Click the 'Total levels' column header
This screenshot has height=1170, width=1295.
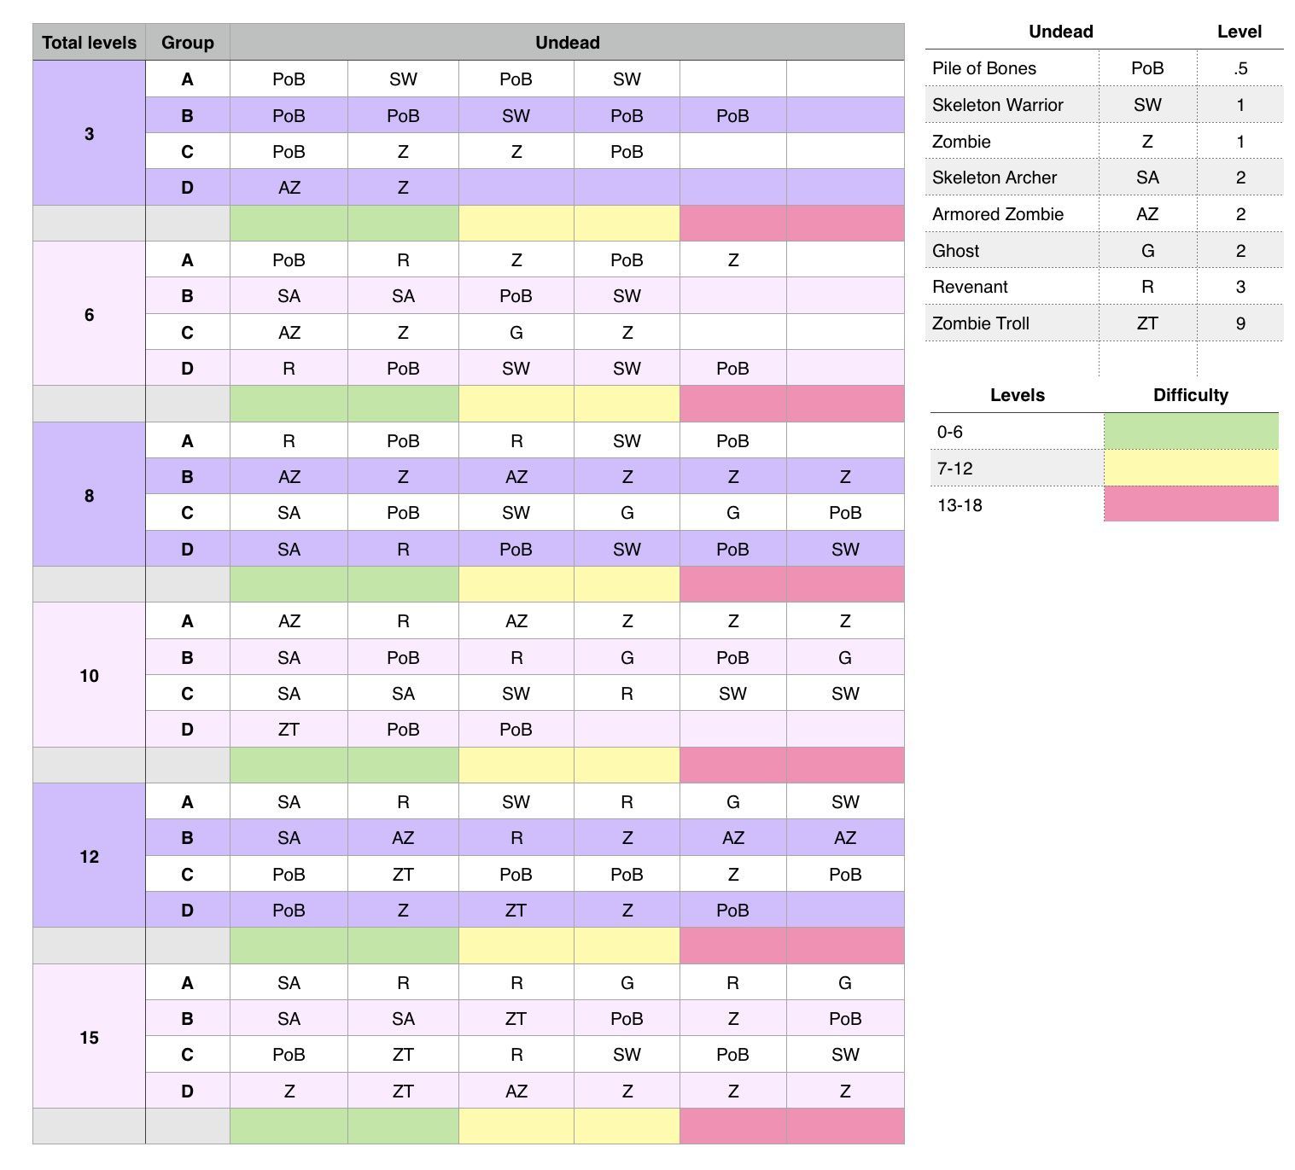89,43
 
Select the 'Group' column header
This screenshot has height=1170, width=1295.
187,43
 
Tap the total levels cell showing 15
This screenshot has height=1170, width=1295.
89,1038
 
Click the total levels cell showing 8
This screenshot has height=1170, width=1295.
89,496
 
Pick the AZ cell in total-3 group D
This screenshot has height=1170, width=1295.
289,188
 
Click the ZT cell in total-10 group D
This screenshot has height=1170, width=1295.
289,730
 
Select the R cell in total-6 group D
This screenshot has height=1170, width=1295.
289,369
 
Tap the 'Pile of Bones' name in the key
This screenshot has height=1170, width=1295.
984,68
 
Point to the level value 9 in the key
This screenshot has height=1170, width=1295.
1240,323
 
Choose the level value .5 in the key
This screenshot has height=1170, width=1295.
1240,68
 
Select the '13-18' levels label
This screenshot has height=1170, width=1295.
960,505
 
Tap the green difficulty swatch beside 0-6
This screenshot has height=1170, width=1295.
1191,432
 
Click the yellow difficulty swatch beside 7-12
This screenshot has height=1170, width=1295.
1191,469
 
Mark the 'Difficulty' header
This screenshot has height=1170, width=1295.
1191,395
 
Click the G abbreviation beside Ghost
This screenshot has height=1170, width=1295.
1147,251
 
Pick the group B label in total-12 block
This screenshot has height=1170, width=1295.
187,838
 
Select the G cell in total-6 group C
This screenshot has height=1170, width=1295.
516,333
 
